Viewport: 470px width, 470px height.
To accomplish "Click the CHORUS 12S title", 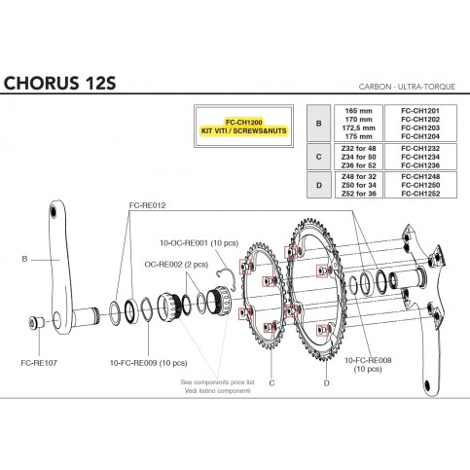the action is click(59, 83).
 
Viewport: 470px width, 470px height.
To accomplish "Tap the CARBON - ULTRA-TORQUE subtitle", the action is click(407, 87).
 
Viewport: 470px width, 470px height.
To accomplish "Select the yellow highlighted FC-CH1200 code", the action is click(244, 123).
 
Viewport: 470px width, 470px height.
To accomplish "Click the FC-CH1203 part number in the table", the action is click(420, 127).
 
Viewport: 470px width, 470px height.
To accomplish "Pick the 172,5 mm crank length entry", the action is click(358, 127).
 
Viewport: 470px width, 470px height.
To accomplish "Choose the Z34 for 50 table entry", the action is click(358, 157).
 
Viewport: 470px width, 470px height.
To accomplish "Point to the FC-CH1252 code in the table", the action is click(420, 194).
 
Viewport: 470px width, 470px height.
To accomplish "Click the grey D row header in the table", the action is click(319, 185).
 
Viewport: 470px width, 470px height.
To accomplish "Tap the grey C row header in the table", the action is click(318, 157).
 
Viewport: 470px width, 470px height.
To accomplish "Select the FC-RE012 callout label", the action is click(147, 205).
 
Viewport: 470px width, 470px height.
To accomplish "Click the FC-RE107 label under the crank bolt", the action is click(39, 363).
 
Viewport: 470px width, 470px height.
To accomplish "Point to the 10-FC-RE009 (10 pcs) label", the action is click(148, 363).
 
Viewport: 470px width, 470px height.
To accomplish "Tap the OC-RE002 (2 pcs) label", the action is click(176, 265).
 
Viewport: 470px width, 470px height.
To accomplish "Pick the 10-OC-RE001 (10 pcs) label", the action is click(199, 243).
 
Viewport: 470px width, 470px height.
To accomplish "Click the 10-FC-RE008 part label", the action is click(368, 360).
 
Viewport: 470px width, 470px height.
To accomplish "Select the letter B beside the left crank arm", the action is click(24, 259).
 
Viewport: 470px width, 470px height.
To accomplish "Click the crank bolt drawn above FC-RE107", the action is click(36, 322).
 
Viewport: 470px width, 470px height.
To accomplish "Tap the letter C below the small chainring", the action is click(271, 383).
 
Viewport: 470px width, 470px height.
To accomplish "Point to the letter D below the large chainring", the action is click(326, 383).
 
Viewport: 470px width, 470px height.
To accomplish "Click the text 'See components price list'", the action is click(217, 382).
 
